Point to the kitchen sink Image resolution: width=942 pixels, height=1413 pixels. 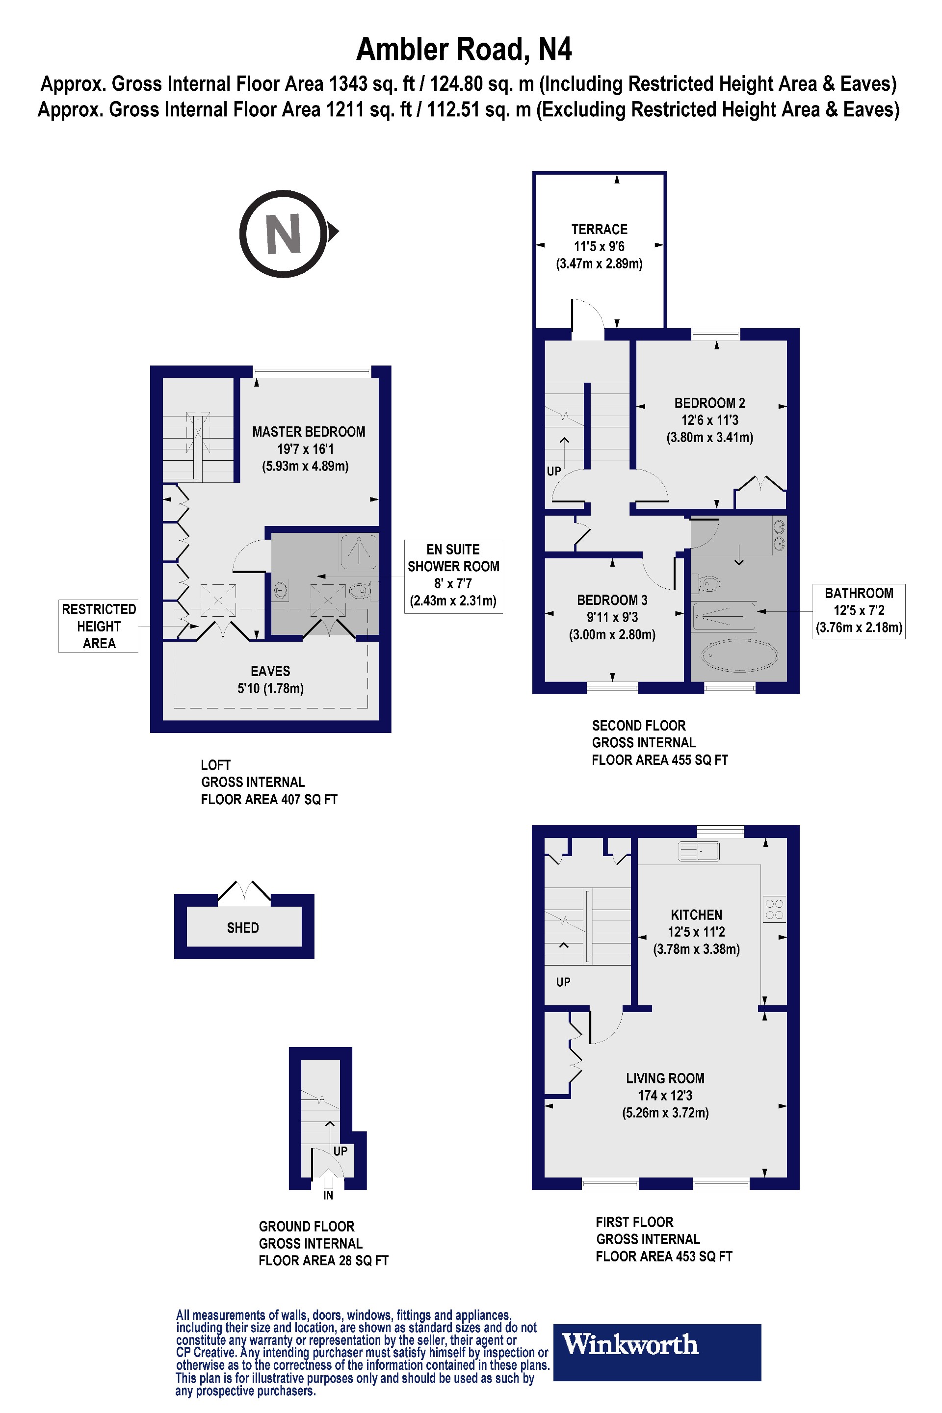click(699, 851)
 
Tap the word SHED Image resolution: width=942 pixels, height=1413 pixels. click(243, 928)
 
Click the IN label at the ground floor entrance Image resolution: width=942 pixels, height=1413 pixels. click(328, 1196)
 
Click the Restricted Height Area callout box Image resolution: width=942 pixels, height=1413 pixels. click(99, 626)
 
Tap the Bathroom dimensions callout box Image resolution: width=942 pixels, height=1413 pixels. click(859, 610)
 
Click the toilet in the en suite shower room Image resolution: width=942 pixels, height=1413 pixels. click(361, 592)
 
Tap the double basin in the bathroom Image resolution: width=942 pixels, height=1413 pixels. click(779, 536)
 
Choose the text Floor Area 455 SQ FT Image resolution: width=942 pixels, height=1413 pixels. click(659, 760)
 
